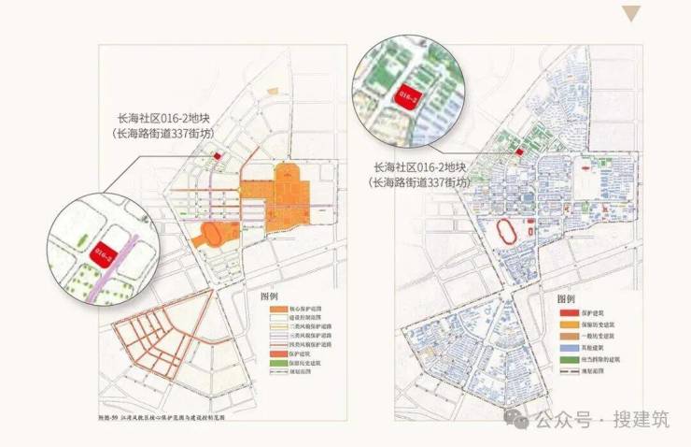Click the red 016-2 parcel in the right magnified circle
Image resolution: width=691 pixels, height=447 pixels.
coord(409,95)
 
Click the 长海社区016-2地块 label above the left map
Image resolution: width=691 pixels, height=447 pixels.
coord(161,118)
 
